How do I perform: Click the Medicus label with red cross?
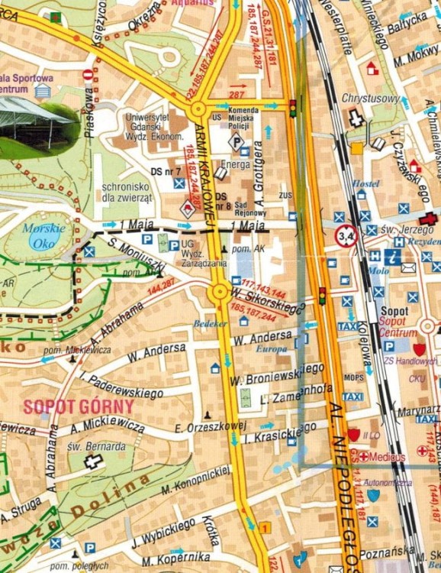click(x=387, y=456)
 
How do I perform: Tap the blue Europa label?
click(x=272, y=348)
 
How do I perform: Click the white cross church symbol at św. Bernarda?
click(x=93, y=461)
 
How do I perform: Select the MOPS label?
click(x=353, y=377)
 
